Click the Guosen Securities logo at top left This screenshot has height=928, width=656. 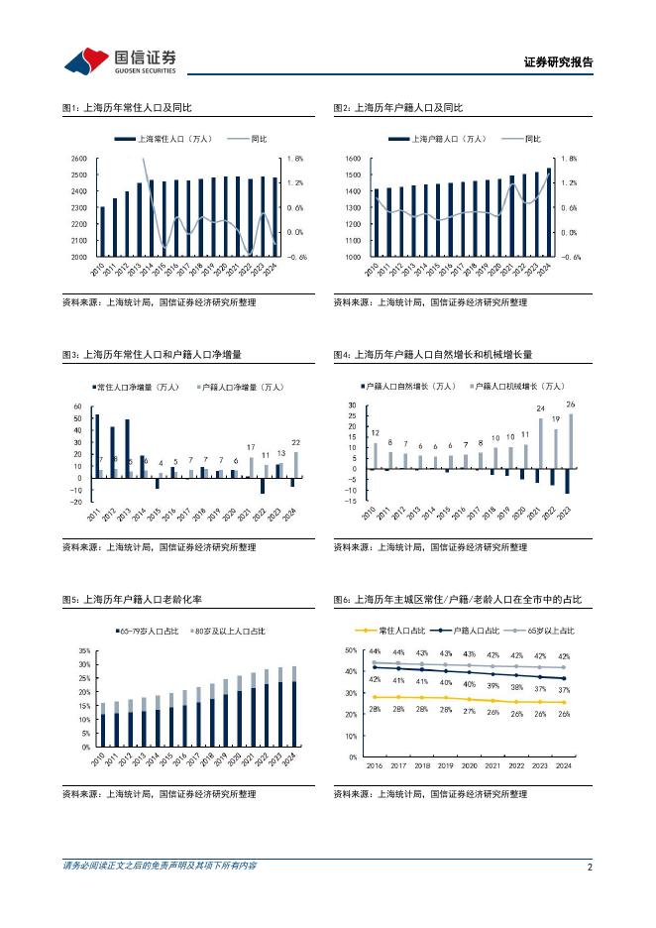click(120, 61)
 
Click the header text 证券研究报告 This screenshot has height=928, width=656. click(558, 62)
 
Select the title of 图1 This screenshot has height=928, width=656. click(123, 108)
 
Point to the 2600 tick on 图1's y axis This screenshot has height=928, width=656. click(79, 159)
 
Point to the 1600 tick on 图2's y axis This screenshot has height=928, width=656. click(353, 159)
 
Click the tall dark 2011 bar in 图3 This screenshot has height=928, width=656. click(96, 446)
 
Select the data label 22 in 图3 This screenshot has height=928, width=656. click(295, 441)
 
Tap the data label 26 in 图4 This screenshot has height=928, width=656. click(571, 405)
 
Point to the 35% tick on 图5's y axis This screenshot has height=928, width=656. click(83, 649)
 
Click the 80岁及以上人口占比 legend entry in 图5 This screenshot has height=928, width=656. click(229, 630)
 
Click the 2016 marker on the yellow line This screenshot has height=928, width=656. click(375, 697)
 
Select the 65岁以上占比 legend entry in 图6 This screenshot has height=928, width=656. click(547, 630)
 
